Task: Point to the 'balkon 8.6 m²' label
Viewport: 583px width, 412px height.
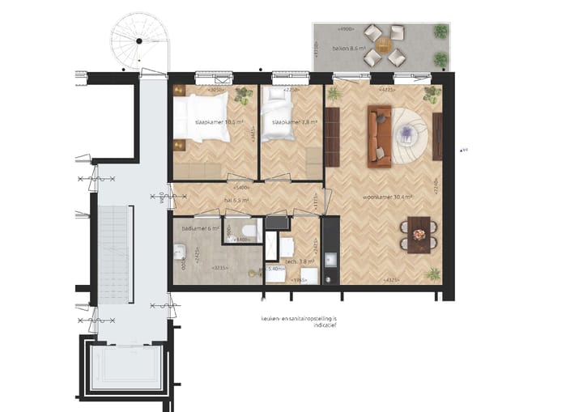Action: coord(349,49)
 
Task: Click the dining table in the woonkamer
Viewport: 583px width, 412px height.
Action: coord(419,235)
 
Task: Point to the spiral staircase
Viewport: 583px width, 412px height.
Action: coord(140,40)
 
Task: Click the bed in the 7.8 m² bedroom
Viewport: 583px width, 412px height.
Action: coord(279,105)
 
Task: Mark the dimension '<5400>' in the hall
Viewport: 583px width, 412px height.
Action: coord(240,188)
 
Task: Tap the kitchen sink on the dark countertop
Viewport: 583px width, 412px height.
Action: coord(330,260)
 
